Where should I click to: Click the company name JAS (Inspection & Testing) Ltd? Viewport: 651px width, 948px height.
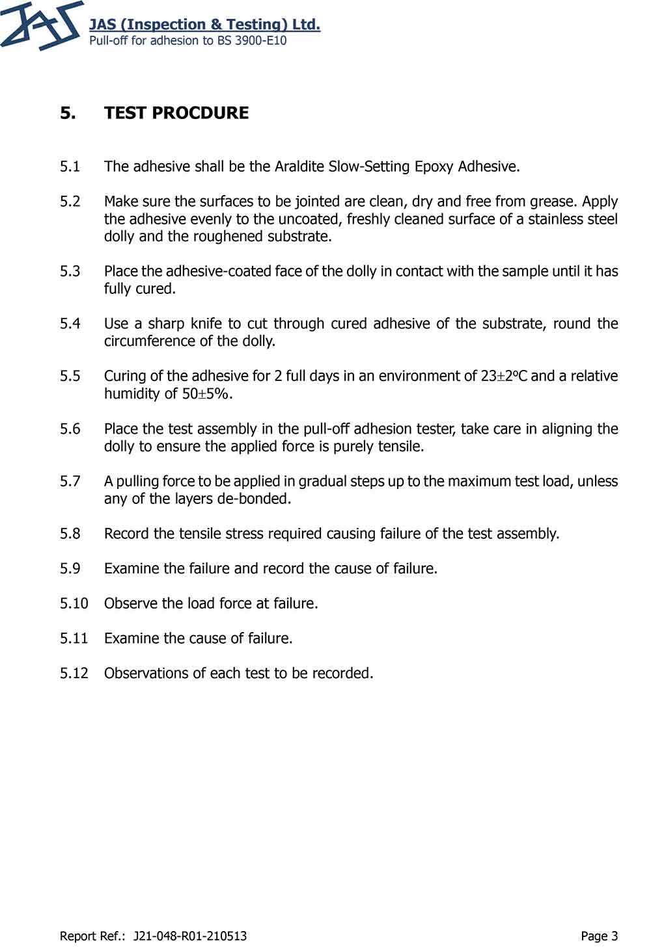204,25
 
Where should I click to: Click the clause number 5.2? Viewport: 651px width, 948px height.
70,201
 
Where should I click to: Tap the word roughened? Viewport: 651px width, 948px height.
215,236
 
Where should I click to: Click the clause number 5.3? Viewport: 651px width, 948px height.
70,271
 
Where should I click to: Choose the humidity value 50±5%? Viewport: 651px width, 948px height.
207,393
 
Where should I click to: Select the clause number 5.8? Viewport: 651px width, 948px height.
70,534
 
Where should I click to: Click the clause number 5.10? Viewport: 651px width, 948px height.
74,603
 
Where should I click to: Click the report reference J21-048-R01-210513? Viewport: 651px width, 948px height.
189,936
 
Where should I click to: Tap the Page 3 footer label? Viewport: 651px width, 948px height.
599,936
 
